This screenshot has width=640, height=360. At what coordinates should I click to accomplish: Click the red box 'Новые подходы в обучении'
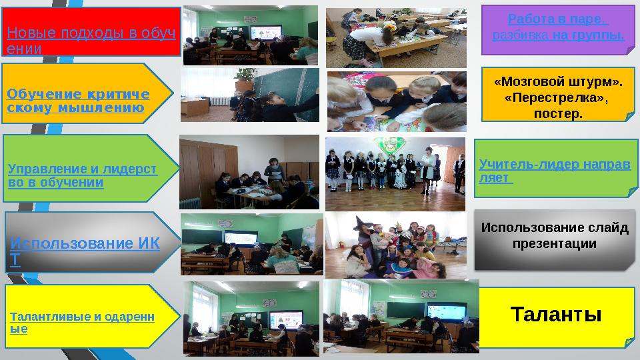coord(91,31)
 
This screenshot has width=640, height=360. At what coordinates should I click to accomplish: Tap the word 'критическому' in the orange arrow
coord(77,101)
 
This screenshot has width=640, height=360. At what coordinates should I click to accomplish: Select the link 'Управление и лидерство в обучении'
coord(83,175)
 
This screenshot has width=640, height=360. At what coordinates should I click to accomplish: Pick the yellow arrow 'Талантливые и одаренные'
coord(92,316)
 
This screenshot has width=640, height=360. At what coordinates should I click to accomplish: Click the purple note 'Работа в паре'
coord(558,30)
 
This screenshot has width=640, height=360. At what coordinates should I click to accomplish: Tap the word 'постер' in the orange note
coord(558,113)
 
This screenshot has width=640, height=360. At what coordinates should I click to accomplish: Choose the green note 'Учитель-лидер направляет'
coord(556,169)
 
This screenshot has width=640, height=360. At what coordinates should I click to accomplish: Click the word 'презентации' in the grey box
coord(554,244)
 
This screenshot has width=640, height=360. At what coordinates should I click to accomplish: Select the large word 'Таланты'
coord(556,314)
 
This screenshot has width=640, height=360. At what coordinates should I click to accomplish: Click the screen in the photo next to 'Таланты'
coord(447,312)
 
